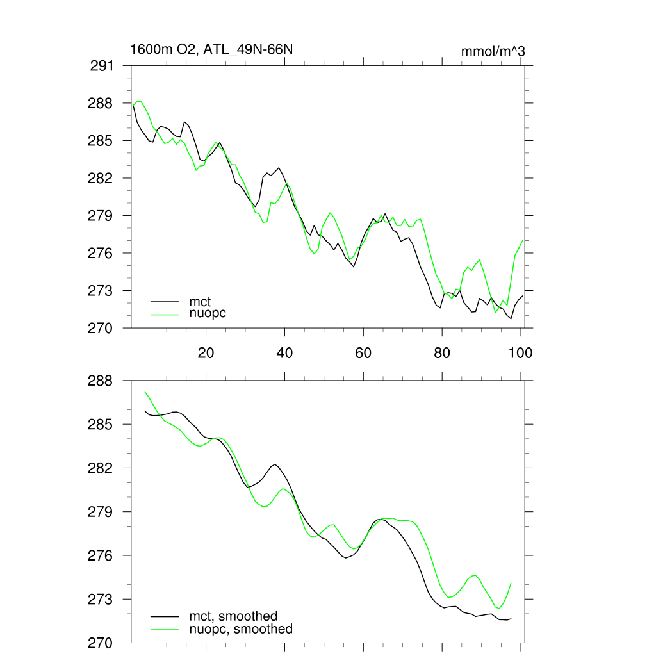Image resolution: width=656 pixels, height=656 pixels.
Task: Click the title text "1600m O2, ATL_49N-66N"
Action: tap(211, 49)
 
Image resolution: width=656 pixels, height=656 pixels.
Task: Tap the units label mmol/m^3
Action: tap(493, 51)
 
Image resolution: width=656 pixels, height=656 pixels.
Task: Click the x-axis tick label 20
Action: tap(206, 352)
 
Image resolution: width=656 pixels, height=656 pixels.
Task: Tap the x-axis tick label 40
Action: tap(284, 352)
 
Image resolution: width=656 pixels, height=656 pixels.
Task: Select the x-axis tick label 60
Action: tap(363, 352)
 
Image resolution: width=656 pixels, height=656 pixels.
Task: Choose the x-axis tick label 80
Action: tap(442, 352)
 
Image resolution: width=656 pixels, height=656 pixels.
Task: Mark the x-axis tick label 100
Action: tap(520, 352)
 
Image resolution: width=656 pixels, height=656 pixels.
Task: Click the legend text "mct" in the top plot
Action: tap(200, 301)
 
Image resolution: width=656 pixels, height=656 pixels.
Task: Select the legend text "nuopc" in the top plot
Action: tap(208, 313)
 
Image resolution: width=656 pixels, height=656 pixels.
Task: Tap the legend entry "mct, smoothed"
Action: tap(233, 616)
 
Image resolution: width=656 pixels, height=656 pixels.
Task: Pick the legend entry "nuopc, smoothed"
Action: tap(241, 629)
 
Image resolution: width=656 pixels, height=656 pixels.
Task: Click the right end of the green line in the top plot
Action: tap(523, 240)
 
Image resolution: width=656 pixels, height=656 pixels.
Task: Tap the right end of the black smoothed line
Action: tap(511, 618)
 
